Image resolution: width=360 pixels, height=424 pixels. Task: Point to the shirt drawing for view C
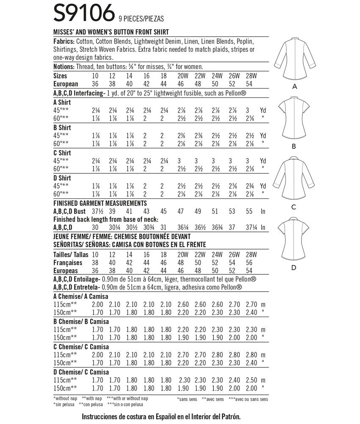pos(293,180)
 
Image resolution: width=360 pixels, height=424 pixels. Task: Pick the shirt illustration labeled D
pos(293,240)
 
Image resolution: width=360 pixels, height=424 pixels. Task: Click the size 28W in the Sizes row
pos(251,76)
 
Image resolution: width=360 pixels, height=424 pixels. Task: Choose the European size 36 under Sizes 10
pos(96,84)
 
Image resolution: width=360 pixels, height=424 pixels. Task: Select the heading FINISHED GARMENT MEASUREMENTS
pos(101,203)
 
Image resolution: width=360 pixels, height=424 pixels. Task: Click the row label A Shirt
pos(62,102)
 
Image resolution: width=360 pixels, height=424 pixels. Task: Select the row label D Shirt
pos(62,178)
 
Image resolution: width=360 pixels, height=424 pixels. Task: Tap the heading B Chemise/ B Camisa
pos(81,321)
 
